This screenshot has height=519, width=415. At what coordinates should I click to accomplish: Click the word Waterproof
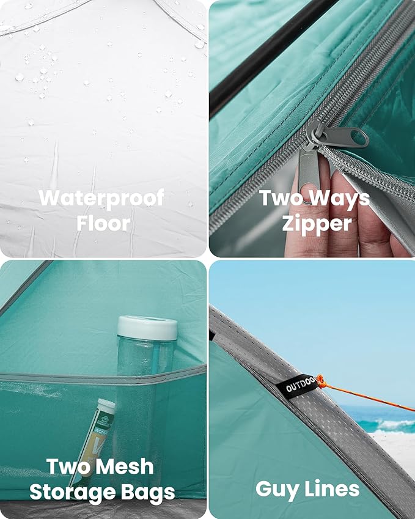(x=101, y=197)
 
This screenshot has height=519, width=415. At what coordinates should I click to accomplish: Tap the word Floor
(x=103, y=223)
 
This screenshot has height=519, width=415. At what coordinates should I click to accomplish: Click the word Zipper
(x=317, y=223)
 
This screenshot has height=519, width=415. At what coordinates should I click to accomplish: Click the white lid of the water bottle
(x=147, y=328)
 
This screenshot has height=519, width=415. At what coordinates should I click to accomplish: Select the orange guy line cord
(x=367, y=397)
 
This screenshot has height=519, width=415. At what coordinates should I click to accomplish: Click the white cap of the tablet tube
(x=106, y=405)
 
